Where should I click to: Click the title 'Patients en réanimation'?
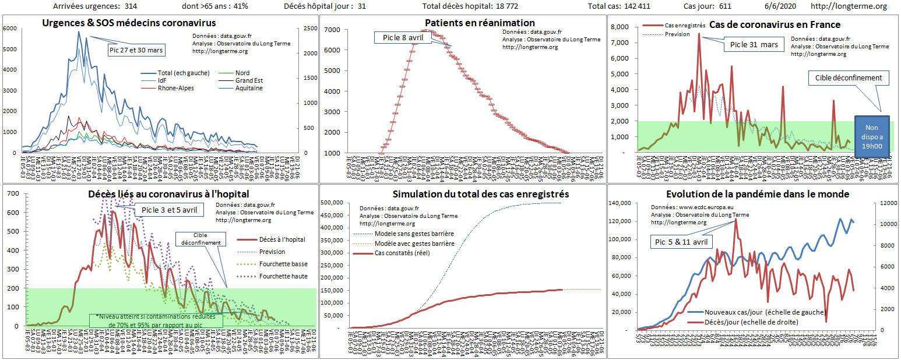click(x=463, y=23)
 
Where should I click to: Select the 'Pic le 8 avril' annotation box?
click(x=402, y=37)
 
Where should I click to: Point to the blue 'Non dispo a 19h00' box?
click(x=872, y=137)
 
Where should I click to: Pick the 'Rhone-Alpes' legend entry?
click(x=176, y=89)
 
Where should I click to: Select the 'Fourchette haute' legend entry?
click(x=284, y=276)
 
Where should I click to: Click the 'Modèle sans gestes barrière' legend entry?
click(x=414, y=234)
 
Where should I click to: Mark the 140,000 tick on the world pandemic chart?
click(x=620, y=203)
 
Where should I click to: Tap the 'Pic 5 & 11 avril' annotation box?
click(x=681, y=242)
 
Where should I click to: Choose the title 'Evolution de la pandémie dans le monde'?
click(x=757, y=194)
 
